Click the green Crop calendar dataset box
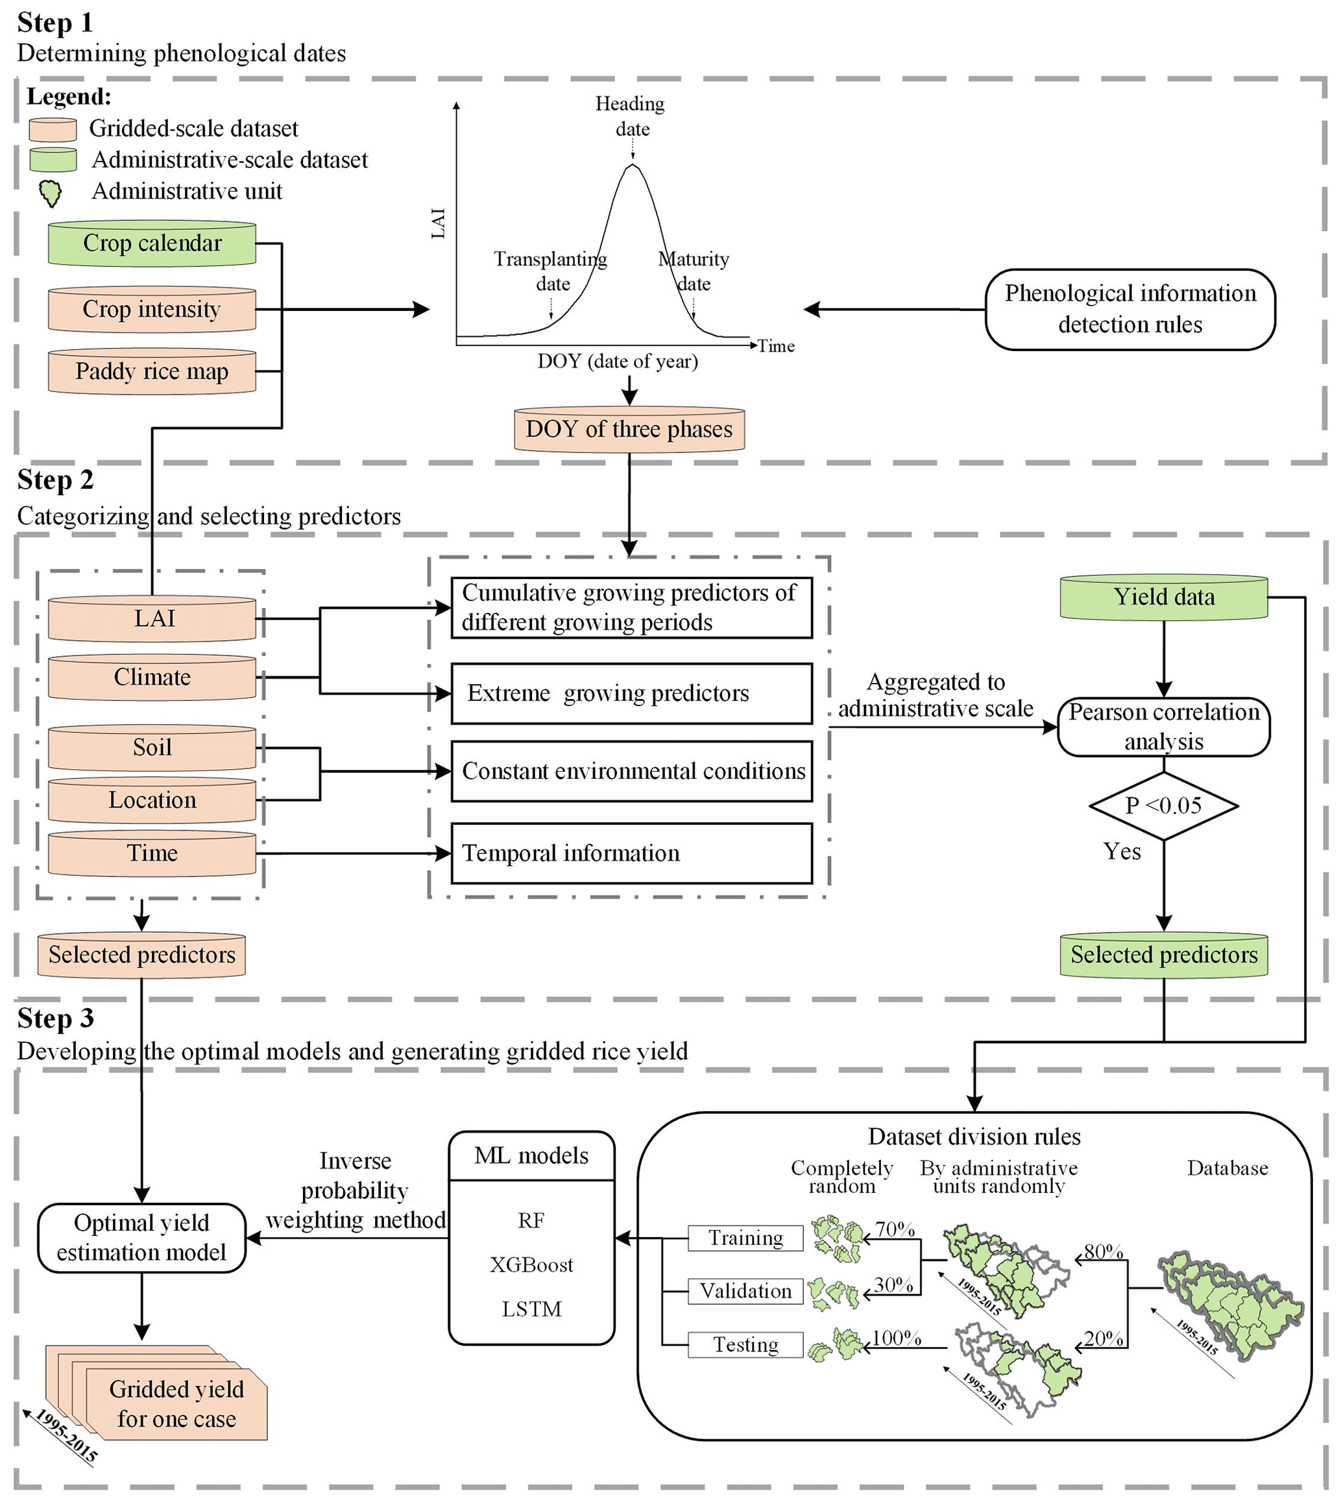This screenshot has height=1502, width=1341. [152, 243]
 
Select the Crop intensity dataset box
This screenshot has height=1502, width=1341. [152, 310]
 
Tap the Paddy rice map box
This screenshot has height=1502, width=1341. [152, 371]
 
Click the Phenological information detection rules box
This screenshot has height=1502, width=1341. [1130, 310]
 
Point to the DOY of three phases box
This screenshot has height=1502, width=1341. [629, 430]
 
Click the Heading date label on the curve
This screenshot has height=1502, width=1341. [631, 116]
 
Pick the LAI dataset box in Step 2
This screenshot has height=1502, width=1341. [152, 619]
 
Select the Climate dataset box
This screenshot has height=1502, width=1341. [152, 677]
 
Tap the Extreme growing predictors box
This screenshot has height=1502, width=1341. [631, 693]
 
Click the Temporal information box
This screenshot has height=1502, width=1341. [631, 854]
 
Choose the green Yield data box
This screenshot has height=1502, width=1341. [1163, 597]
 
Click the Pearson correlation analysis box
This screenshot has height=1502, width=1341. [1163, 728]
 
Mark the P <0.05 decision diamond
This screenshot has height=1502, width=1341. [1163, 806]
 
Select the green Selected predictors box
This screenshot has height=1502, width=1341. [1163, 955]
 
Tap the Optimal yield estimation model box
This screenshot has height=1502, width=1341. [141, 1238]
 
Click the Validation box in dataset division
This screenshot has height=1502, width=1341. [745, 1292]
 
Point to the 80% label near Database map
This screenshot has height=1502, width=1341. [1103, 1252]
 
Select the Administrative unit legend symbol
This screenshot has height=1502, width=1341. [50, 193]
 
